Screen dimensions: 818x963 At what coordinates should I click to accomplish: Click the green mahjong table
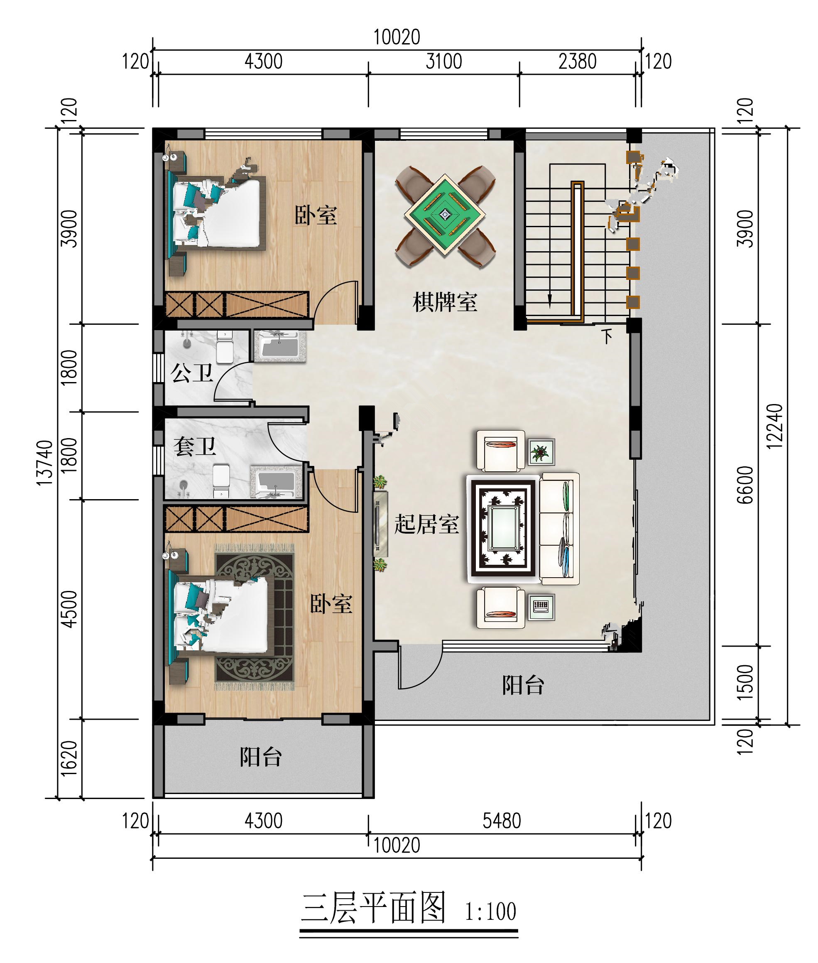[x=445, y=215]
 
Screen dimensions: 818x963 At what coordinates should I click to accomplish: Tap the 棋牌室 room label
[x=445, y=302]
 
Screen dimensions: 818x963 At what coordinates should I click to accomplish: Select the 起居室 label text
[x=426, y=524]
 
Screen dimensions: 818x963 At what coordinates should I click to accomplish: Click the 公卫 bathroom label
[x=192, y=373]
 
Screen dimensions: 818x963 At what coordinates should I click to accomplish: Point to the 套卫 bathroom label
[x=194, y=446]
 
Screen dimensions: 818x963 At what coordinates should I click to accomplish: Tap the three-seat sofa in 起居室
[x=560, y=529]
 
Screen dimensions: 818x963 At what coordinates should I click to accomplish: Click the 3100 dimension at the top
[x=444, y=61]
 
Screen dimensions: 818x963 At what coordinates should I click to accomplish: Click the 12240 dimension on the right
[x=774, y=426]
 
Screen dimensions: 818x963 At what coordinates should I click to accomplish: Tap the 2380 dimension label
[x=577, y=61]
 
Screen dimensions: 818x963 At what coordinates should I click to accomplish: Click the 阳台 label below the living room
[x=523, y=685]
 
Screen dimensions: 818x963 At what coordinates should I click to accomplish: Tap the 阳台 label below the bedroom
[x=261, y=757]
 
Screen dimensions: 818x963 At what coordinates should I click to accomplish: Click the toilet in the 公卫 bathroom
[x=225, y=347]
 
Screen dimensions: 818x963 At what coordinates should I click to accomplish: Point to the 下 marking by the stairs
[x=607, y=336]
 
